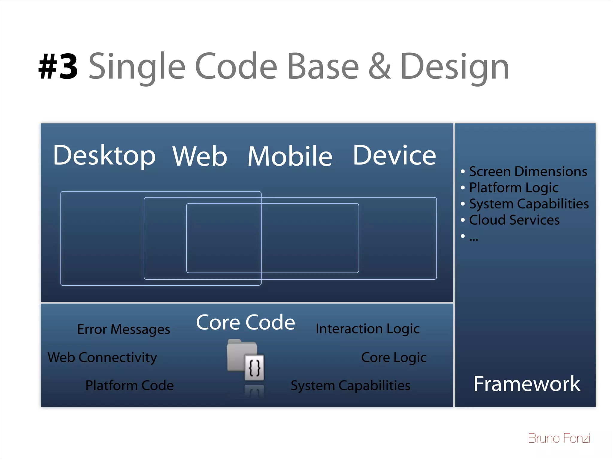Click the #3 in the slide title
click(58, 66)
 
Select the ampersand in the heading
click(379, 66)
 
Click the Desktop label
click(104, 156)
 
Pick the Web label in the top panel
click(200, 156)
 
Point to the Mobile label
click(290, 156)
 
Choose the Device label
click(394, 156)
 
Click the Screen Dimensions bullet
click(528, 172)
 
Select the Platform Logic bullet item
click(513, 188)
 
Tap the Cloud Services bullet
click(514, 220)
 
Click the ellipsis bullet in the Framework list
click(474, 237)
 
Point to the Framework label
click(526, 384)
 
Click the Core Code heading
click(245, 323)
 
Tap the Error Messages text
click(124, 329)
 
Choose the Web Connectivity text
click(102, 358)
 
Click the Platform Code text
click(129, 385)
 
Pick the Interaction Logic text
click(368, 329)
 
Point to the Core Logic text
click(394, 358)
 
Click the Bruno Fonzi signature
click(559, 438)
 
